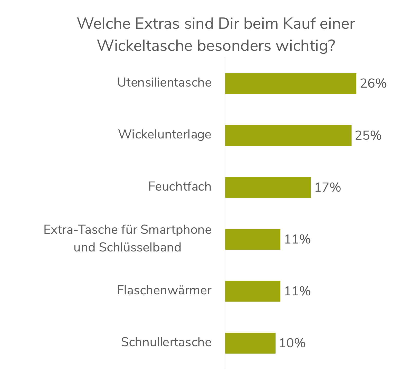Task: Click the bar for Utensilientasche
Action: point(291,83)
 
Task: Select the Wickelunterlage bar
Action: point(288,135)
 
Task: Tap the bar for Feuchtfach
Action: point(268,187)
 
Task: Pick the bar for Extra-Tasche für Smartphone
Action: point(253,239)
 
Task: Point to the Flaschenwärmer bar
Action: point(253,291)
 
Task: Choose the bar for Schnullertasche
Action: point(250,343)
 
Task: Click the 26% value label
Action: point(373,83)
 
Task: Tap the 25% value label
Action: point(368,135)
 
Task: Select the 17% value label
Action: point(328,187)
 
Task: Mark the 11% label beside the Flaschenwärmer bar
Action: point(297,291)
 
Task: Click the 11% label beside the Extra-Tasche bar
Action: point(297,239)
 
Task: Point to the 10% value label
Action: point(292,343)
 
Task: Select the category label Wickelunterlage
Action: point(165,135)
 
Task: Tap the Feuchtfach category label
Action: point(180,186)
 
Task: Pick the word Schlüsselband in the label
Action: point(140,247)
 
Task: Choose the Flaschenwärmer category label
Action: point(164,290)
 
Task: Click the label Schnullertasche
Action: point(166,342)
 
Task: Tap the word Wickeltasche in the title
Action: point(145,46)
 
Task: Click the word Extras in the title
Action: point(157,24)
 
